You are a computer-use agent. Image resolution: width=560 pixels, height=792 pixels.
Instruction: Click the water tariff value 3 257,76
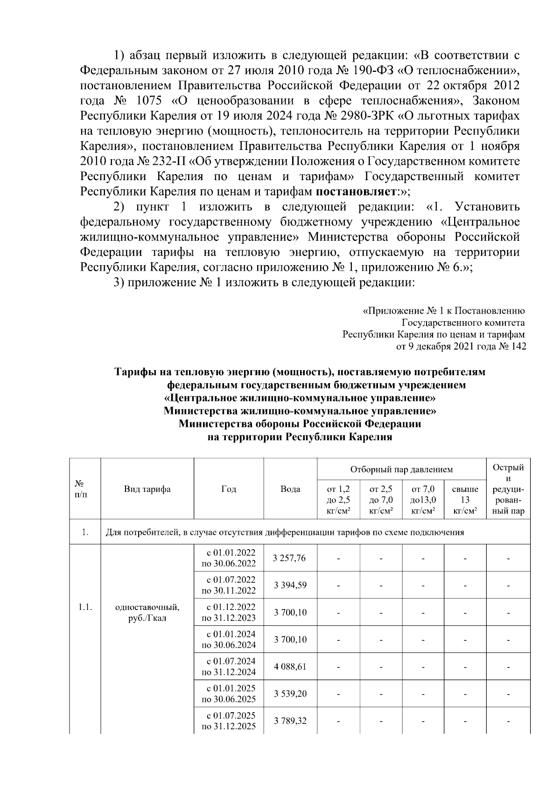coord(290,558)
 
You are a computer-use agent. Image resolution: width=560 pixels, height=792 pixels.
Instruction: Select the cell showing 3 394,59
coord(290,585)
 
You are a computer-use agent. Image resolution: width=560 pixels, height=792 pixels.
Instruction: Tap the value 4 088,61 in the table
coord(290,666)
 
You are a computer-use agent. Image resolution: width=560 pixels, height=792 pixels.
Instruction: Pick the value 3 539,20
coord(290,694)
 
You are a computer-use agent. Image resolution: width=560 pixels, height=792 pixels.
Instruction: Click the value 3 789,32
coord(290,721)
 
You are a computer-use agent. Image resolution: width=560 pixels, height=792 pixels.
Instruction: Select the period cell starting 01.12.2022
coord(229,612)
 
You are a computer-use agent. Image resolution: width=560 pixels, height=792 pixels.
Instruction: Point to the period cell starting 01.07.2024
coord(229,666)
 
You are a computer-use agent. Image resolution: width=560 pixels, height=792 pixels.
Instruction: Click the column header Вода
coord(290,489)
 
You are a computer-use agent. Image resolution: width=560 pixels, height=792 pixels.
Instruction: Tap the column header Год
coord(229,489)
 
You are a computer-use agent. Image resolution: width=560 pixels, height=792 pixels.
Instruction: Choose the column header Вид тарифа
coord(147,489)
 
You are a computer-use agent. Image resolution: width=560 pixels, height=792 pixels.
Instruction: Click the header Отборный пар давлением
coord(401,469)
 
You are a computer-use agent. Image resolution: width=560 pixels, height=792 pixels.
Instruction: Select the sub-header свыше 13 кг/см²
coord(465,500)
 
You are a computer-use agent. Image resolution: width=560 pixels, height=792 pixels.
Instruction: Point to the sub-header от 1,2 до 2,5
coord(338,500)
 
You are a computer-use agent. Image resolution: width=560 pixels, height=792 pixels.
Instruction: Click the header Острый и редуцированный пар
coord(508,489)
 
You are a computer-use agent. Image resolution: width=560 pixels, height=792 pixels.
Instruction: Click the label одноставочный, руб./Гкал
coord(147,613)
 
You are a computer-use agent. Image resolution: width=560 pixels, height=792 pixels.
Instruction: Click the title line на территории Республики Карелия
coord(300,437)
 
